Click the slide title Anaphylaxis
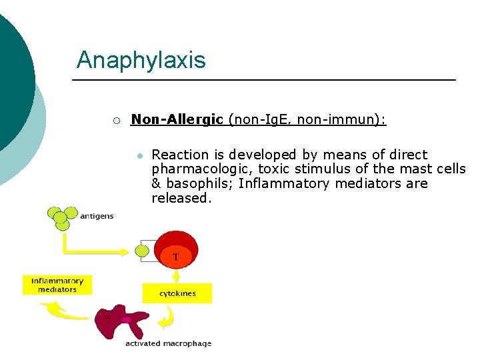click(141, 61)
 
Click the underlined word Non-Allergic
click(177, 119)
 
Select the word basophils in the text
click(199, 183)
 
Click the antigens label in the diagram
click(97, 216)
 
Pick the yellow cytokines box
click(177, 293)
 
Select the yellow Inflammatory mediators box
click(57, 285)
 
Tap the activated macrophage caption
click(168, 344)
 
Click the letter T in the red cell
click(176, 256)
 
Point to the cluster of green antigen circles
click(60, 217)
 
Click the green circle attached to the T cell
click(142, 251)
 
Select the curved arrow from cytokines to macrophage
click(167, 319)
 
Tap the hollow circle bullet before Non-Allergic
click(115, 121)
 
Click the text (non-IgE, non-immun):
click(307, 119)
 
